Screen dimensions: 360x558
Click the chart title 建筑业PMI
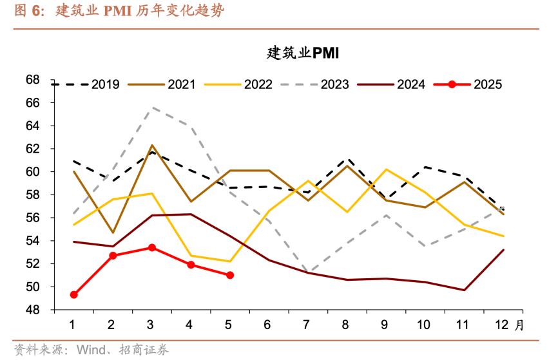point(302,53)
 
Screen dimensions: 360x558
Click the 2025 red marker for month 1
point(74,294)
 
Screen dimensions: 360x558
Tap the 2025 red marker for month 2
point(113,256)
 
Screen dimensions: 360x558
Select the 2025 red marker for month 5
point(230,275)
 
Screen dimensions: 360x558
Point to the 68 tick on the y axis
point(50,80)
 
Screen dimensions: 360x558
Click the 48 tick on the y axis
point(50,310)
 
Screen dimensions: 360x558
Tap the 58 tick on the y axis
point(50,194)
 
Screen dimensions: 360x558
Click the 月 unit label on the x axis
point(520,325)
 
